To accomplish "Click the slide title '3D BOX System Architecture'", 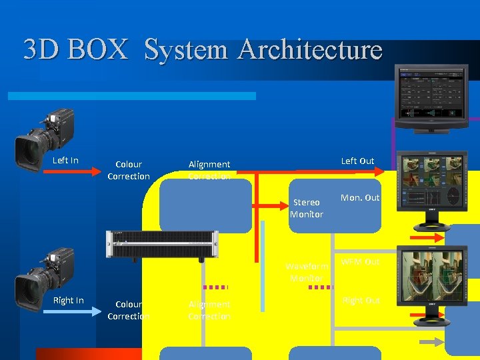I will [203, 50].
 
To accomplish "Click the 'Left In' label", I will [65, 160].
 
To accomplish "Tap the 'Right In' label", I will [68, 301].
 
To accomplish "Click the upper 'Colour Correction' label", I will [129, 170].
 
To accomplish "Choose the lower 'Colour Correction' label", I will [128, 310].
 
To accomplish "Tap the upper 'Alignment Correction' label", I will [209, 170].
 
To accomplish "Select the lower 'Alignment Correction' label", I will [209, 310].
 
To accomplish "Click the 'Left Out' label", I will [357, 161].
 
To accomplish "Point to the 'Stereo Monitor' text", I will [307, 208].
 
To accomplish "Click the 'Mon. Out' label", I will [360, 197].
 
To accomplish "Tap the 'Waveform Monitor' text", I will [307, 272].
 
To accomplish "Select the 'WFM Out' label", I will [361, 262].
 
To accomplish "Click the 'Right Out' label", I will [361, 301].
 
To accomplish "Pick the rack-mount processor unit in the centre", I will [162, 245].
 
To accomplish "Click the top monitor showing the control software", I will [431, 97].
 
